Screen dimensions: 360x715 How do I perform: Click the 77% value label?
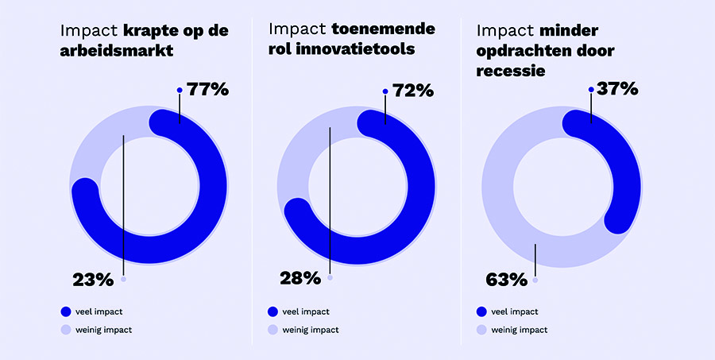(x=208, y=89)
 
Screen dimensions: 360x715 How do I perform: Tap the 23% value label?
(x=93, y=280)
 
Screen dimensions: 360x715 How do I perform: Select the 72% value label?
(x=413, y=90)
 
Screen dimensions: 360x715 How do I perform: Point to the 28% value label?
(x=300, y=278)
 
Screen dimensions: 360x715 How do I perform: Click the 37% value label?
(x=618, y=89)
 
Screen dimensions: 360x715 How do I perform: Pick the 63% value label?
(x=506, y=280)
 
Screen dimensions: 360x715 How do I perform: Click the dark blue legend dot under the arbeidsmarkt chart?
(x=65, y=312)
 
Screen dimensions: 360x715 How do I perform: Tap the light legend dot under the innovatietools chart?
(x=272, y=329)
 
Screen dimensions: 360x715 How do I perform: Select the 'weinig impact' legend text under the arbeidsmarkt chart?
(x=103, y=329)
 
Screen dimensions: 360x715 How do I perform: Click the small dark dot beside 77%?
(x=180, y=90)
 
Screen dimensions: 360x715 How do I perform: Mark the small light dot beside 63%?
(x=535, y=280)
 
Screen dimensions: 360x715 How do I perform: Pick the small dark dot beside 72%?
(x=385, y=91)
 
